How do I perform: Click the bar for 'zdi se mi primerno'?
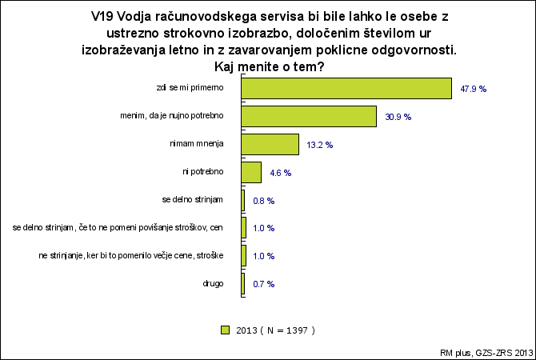pyautogui.click(x=346, y=89)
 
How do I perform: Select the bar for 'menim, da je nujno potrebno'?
pyautogui.click(x=309, y=117)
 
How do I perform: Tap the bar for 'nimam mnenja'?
pyautogui.click(x=270, y=145)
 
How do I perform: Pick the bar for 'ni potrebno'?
pyautogui.click(x=251, y=173)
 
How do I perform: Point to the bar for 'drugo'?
pyautogui.click(x=242, y=284)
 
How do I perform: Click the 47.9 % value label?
pyautogui.click(x=473, y=90)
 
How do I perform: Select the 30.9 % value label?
pyautogui.click(x=398, y=118)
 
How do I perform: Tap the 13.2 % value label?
pyautogui.click(x=320, y=146)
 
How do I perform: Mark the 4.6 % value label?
pyautogui.click(x=280, y=174)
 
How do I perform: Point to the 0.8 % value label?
pyautogui.click(x=263, y=201)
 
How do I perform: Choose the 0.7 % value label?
pyautogui.click(x=263, y=285)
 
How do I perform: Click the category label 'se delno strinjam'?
pyautogui.click(x=193, y=200)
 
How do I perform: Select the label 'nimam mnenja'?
pyautogui.click(x=197, y=143)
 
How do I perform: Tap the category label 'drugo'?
pyautogui.click(x=213, y=284)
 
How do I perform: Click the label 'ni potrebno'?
pyautogui.click(x=202, y=172)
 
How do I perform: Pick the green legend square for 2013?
pyautogui.click(x=225, y=330)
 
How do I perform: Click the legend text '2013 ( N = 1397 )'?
pyautogui.click(x=275, y=330)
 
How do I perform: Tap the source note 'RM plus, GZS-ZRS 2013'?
pyautogui.click(x=486, y=353)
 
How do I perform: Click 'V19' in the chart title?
pyautogui.click(x=102, y=17)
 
